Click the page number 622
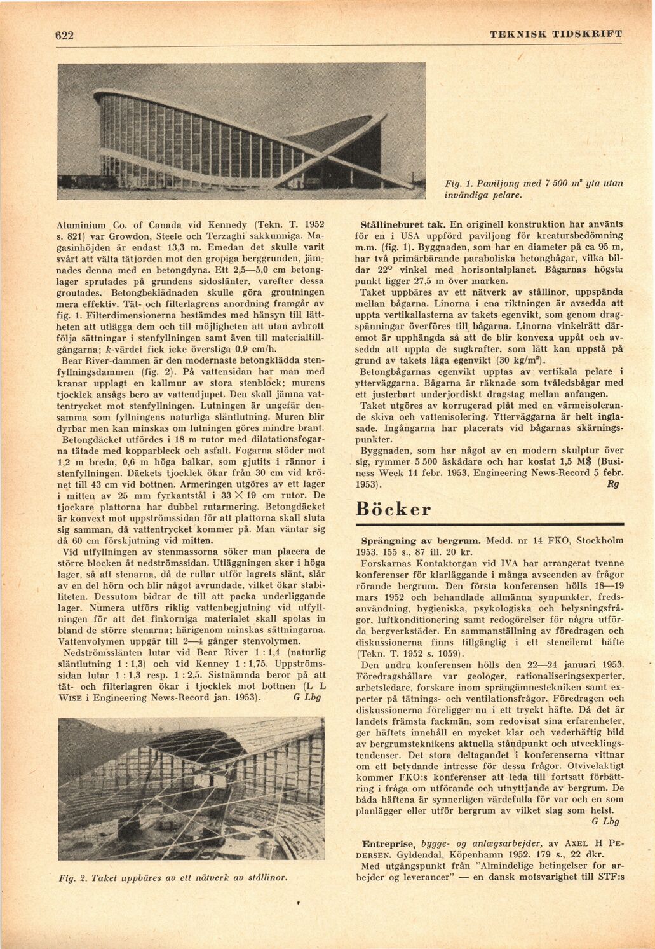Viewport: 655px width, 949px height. tap(64, 36)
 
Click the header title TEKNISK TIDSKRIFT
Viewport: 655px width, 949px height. tap(556, 34)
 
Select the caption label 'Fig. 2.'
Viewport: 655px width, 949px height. tap(72, 878)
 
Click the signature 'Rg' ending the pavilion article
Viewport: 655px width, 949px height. tap(613, 484)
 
